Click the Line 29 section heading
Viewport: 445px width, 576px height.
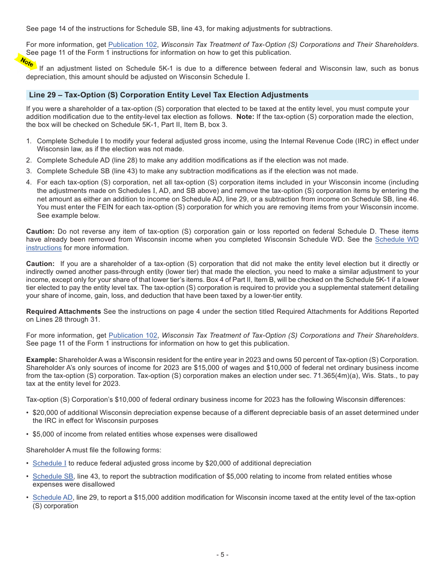[169, 95]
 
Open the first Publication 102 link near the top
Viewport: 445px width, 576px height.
[133, 45]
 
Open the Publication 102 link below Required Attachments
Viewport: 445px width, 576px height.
[133, 335]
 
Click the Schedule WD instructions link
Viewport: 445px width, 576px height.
[397, 240]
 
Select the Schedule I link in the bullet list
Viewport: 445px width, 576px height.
[49, 463]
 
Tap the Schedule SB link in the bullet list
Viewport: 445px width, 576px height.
[53, 476]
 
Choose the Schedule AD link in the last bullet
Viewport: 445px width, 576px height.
[52, 497]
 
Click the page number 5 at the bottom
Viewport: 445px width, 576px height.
[222, 555]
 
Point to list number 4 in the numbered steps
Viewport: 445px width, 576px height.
[29, 182]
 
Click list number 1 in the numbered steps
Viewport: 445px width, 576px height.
[29, 141]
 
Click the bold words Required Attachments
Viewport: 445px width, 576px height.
[63, 311]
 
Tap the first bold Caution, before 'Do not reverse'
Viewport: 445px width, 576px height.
[40, 231]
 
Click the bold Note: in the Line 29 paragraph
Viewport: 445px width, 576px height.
[245, 117]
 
